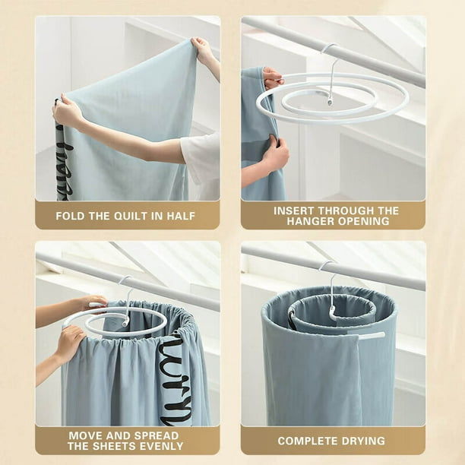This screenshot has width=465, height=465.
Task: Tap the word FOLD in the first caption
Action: pyautogui.click(x=70, y=216)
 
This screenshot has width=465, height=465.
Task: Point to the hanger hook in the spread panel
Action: pyautogui.click(x=125, y=293)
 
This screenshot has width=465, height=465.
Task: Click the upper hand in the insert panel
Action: pyautogui.click(x=272, y=77)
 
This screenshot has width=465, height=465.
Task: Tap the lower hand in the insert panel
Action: pyautogui.click(x=274, y=154)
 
